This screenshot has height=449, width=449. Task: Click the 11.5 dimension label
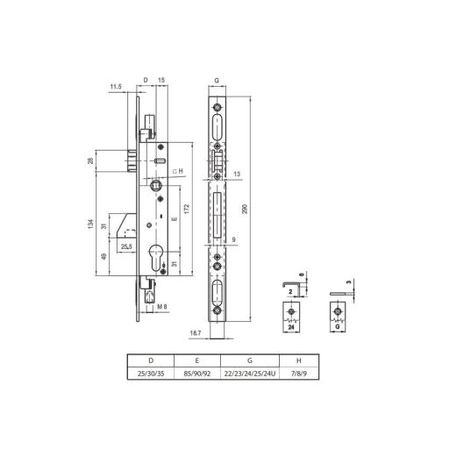pos(116,87)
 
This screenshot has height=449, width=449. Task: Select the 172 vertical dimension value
pos(187,209)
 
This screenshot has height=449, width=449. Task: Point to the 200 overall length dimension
pos(245,209)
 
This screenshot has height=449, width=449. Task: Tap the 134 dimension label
pos(90,224)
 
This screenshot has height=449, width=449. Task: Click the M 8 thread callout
pos(162,307)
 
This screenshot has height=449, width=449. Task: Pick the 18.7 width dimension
pos(196,333)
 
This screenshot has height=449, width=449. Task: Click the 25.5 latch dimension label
pos(126,246)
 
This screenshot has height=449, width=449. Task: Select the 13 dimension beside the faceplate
pos(237,174)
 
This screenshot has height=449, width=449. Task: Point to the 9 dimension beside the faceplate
pos(234,239)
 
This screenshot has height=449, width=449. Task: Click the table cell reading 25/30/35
pos(151,374)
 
